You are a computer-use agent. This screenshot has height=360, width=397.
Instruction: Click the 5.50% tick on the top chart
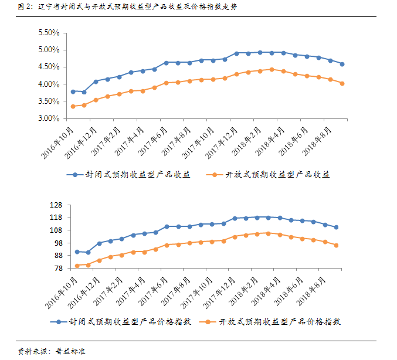click(49, 33)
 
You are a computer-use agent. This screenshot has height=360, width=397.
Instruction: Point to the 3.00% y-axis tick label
click(49, 118)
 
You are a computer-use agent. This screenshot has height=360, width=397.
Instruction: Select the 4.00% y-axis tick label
click(49, 84)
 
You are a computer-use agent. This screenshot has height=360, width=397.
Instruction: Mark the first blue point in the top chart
click(73, 91)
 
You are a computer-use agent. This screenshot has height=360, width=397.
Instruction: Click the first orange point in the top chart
click(73, 106)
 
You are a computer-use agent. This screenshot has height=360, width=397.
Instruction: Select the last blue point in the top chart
click(342, 64)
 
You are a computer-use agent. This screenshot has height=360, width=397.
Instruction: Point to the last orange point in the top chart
click(342, 83)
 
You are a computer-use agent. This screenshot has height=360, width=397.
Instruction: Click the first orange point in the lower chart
click(77, 266)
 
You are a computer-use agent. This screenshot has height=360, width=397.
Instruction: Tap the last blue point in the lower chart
click(336, 227)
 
